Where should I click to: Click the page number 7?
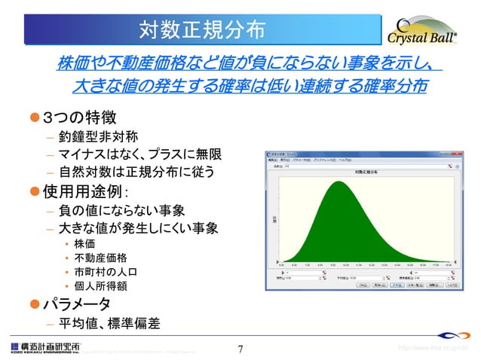pyautogui.click(x=240, y=349)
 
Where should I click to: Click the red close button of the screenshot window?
pyautogui.click(x=455, y=154)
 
